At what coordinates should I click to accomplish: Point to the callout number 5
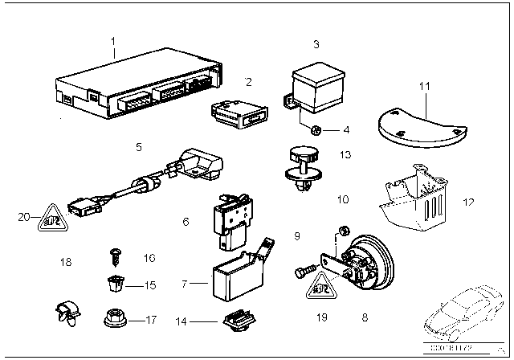tap(139, 147)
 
